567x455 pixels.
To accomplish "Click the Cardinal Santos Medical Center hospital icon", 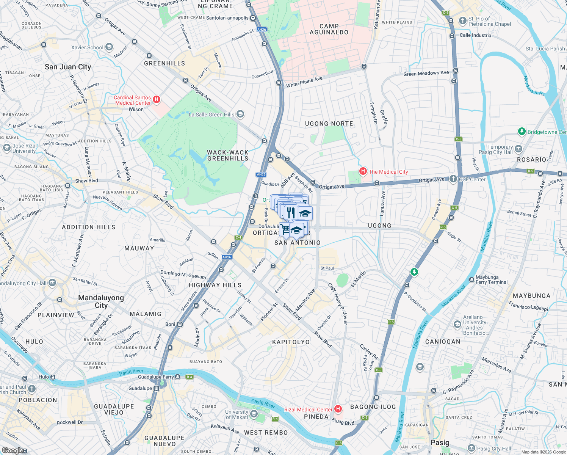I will (156, 100).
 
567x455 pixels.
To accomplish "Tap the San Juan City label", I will (68, 67).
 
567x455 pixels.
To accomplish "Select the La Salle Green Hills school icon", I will (240, 114).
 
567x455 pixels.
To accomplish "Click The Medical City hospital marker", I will (363, 171).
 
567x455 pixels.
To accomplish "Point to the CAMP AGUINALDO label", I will (329, 29).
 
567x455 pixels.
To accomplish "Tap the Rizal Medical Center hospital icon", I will (338, 409).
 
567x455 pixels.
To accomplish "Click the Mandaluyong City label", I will (101, 301).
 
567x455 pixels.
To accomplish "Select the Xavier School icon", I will (109, 47).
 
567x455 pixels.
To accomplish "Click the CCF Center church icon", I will (453, 179).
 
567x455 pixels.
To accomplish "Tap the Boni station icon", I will (180, 324).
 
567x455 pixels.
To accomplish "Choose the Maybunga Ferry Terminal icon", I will (471, 280).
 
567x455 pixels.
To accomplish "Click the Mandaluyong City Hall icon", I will (52, 283).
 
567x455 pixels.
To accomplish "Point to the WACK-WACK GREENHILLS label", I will (227, 155).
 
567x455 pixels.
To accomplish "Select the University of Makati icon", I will (254, 414).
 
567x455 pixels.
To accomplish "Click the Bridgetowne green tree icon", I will (522, 132).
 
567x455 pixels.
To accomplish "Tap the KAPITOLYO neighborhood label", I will (291, 342).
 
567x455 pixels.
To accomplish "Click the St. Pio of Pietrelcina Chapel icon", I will (462, 21).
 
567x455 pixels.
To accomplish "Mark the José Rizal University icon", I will (6, 147).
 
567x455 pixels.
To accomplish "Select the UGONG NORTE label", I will (329, 124).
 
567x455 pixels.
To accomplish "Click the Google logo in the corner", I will (14, 450).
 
